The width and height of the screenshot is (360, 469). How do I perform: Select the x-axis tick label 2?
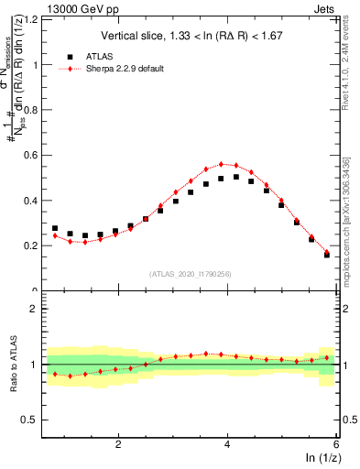[118, 443]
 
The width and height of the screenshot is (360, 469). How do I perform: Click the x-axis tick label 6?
[336, 443]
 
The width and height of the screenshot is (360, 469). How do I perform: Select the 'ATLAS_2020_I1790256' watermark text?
[191, 274]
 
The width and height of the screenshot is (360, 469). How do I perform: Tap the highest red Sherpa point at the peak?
[222, 164]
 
